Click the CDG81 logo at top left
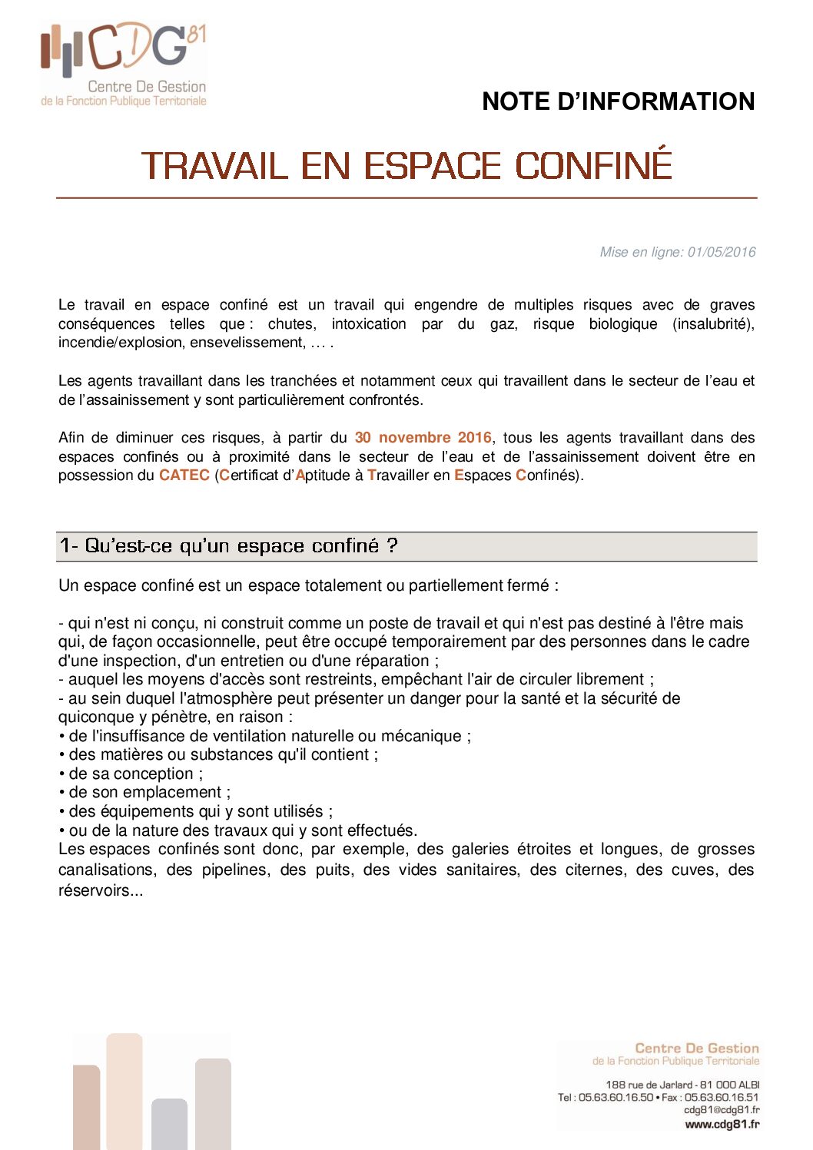pos(123,64)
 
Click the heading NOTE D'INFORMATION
pos(618,101)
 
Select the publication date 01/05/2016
pos(722,252)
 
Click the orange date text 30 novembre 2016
pos(423,438)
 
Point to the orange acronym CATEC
pos(184,476)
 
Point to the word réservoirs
pos(100,890)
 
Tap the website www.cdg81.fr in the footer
pos(722,1125)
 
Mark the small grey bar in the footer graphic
pos(169,1123)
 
